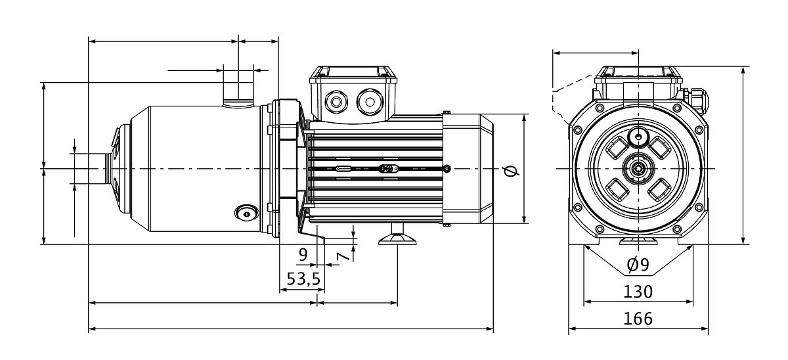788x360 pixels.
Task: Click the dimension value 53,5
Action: (303, 279)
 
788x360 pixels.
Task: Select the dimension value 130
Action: (638, 292)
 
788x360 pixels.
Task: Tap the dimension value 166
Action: (638, 319)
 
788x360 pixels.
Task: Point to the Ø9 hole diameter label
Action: (638, 265)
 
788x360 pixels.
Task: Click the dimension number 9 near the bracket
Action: (303, 254)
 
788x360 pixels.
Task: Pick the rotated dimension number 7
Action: (343, 257)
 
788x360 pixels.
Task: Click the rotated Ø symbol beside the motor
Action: (511, 171)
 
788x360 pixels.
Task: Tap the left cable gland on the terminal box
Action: (336, 102)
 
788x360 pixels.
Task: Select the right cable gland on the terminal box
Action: (369, 102)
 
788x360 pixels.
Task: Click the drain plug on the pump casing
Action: (246, 214)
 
